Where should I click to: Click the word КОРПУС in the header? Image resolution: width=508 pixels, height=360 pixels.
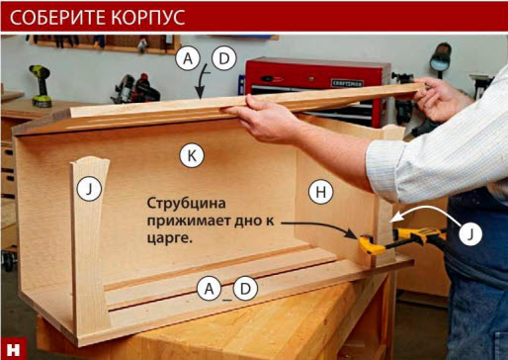148,17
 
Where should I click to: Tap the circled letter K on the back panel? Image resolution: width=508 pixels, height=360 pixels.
192,155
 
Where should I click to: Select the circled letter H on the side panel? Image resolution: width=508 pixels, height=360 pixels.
321,192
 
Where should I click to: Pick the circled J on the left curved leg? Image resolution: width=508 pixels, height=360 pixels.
89,189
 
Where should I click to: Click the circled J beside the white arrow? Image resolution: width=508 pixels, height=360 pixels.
470,233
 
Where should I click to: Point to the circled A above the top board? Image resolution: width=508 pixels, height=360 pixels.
188,58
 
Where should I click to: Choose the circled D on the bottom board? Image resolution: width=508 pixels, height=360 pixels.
245,289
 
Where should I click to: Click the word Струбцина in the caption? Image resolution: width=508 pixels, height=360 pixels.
186,204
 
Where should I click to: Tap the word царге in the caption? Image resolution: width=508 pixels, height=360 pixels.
169,238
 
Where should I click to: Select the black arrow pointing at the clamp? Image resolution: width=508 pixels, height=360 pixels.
319,228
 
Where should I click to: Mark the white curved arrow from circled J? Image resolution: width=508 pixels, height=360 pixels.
427,214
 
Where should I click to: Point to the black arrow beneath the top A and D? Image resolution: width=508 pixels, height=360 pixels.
201,81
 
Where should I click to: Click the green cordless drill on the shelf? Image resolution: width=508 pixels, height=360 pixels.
42,86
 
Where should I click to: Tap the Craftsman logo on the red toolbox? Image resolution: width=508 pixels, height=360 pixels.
348,83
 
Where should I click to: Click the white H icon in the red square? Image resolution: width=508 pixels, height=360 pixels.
14,349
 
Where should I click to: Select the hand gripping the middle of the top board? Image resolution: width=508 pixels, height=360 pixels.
264,119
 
